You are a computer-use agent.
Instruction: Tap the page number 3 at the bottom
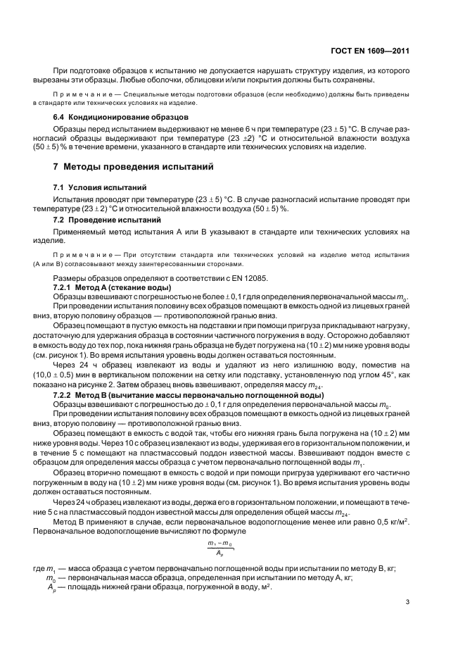[x=408, y=601]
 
